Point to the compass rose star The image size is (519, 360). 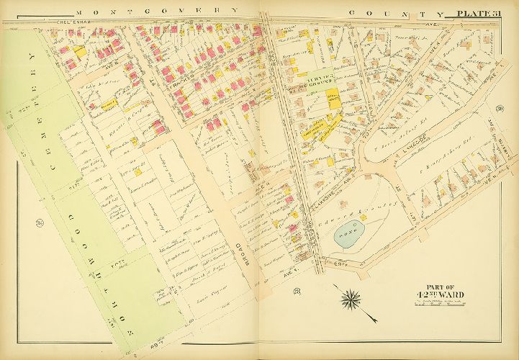(352, 298)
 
